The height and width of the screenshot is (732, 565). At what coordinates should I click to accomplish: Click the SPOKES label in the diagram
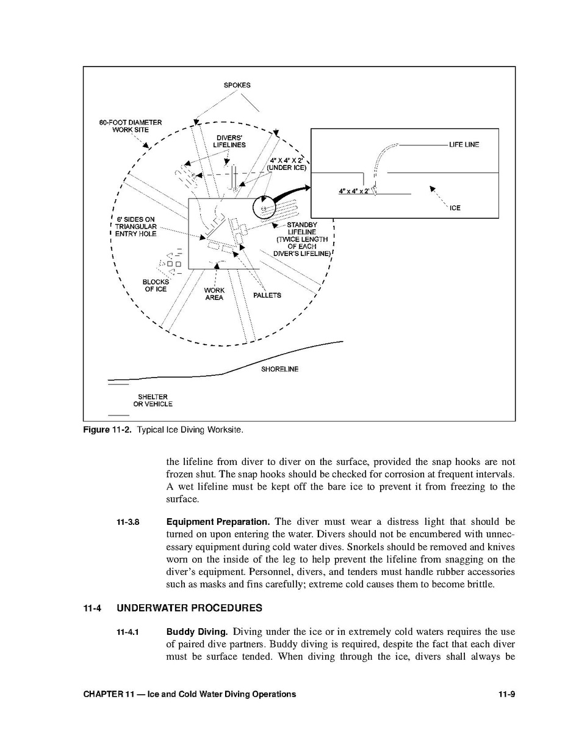pos(237,86)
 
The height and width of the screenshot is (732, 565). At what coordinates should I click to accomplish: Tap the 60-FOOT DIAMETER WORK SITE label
pos(131,126)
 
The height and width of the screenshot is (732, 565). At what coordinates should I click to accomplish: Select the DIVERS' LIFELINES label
pos(230,141)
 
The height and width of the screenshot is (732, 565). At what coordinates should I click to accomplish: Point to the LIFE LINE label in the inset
pos(464,145)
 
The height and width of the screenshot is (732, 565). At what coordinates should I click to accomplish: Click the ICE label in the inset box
pos(455,208)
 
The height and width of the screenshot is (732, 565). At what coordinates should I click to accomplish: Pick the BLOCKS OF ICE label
pos(156,285)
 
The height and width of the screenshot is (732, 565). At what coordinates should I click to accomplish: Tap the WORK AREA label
pos(214,294)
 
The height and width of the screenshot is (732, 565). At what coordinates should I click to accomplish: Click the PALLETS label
pos(267,296)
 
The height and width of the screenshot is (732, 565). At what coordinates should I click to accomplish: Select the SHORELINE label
pos(280,370)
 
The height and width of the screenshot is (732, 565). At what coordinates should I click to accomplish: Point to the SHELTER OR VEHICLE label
pos(153,401)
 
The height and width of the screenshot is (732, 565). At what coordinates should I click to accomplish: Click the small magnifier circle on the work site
pos(264,209)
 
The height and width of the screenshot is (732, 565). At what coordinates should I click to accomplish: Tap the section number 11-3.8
pos(128,522)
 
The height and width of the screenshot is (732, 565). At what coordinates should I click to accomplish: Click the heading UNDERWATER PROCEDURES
pos(190,608)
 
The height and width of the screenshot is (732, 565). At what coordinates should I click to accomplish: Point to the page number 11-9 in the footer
pos(506,694)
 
